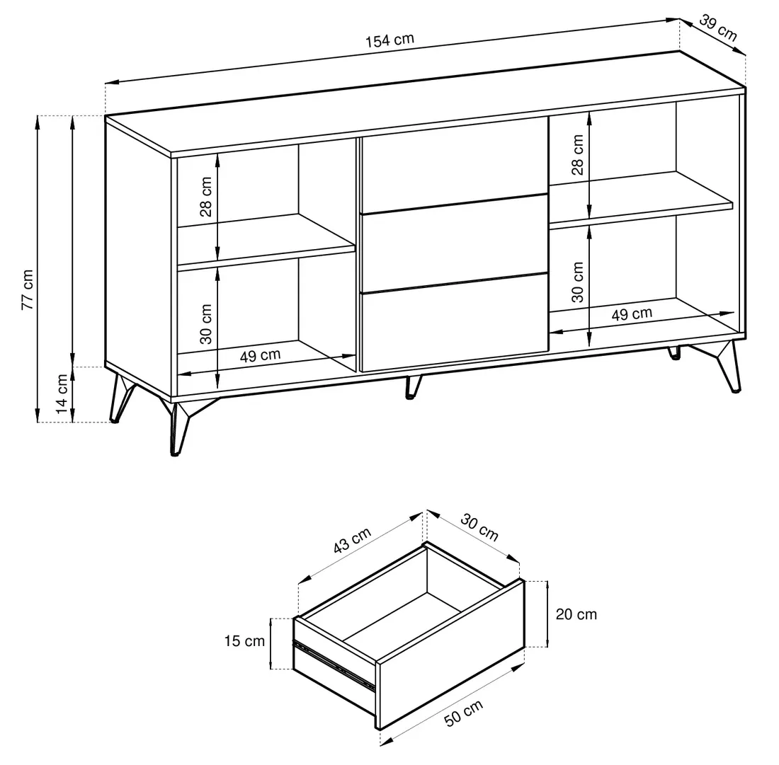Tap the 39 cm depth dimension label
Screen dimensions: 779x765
(x=718, y=28)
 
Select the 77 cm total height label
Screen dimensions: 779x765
(x=28, y=290)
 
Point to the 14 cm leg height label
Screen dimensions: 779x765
(x=62, y=393)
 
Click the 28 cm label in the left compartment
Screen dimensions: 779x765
(x=205, y=197)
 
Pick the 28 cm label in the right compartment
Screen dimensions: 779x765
(x=577, y=155)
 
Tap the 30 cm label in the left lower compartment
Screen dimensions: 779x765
(x=205, y=323)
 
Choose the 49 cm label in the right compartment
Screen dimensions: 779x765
(x=632, y=314)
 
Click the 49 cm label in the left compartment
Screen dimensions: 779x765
(x=260, y=355)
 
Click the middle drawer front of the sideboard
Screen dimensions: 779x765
(x=454, y=243)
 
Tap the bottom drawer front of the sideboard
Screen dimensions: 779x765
(x=454, y=322)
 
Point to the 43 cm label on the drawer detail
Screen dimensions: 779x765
(x=352, y=540)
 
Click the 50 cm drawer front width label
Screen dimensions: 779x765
(x=463, y=713)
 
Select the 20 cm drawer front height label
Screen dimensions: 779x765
(x=576, y=614)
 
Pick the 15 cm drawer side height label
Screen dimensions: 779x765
(x=244, y=641)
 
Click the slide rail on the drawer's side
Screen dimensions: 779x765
(x=334, y=665)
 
